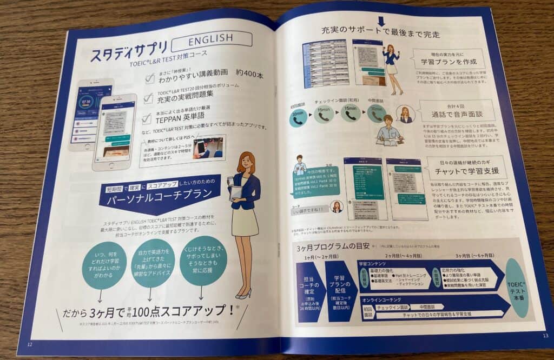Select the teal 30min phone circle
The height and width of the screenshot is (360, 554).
pos(296,116)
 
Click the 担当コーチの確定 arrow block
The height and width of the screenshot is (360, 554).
pos(310,292)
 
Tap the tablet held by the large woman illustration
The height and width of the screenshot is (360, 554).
pos(236,189)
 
